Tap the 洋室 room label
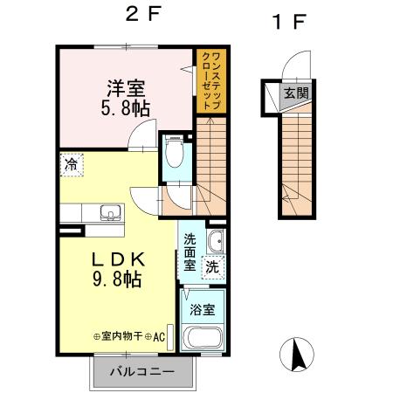tap(125, 88)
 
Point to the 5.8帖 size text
tap(125, 108)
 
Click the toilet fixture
tap(175, 154)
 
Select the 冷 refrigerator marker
tap(71, 163)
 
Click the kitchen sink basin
tap(110, 213)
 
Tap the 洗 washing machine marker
tap(212, 269)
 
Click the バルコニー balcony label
tap(141, 373)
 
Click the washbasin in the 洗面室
tap(215, 241)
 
